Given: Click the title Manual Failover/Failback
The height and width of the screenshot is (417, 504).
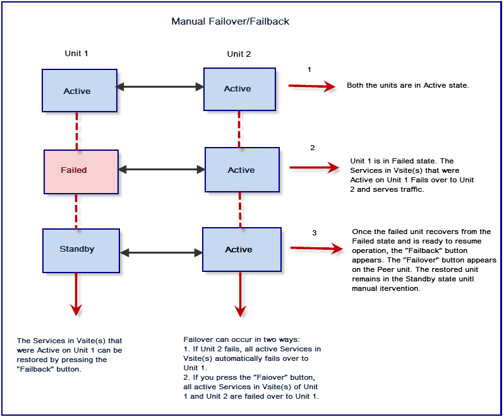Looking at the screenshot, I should (x=230, y=21).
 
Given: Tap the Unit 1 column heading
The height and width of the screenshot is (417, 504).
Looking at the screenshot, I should (x=76, y=54).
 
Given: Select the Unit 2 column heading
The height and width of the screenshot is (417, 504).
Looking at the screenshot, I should (x=239, y=54).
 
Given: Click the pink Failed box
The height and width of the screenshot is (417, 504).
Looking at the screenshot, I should (x=81, y=171).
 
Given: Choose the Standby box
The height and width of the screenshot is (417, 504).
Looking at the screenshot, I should (x=76, y=250).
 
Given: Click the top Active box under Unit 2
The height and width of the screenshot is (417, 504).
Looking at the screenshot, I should (x=239, y=89).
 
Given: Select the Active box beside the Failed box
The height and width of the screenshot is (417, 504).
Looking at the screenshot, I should (x=242, y=170).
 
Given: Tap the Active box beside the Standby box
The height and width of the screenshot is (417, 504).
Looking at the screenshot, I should (x=239, y=250).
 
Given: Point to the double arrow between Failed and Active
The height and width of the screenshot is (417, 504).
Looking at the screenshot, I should (x=162, y=169).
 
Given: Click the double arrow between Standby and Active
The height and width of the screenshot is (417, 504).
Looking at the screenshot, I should (x=160, y=252).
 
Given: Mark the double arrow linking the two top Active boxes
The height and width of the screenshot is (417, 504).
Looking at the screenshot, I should (x=159, y=88).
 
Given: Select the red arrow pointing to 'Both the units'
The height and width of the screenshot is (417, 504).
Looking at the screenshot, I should (x=311, y=86).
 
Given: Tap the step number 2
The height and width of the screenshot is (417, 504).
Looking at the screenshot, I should (x=312, y=148).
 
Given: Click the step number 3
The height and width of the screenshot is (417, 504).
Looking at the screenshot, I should (x=314, y=233).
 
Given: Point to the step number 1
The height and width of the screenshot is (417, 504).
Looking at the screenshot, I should (x=309, y=69).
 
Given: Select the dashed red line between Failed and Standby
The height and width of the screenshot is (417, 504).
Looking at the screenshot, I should (x=76, y=211).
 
